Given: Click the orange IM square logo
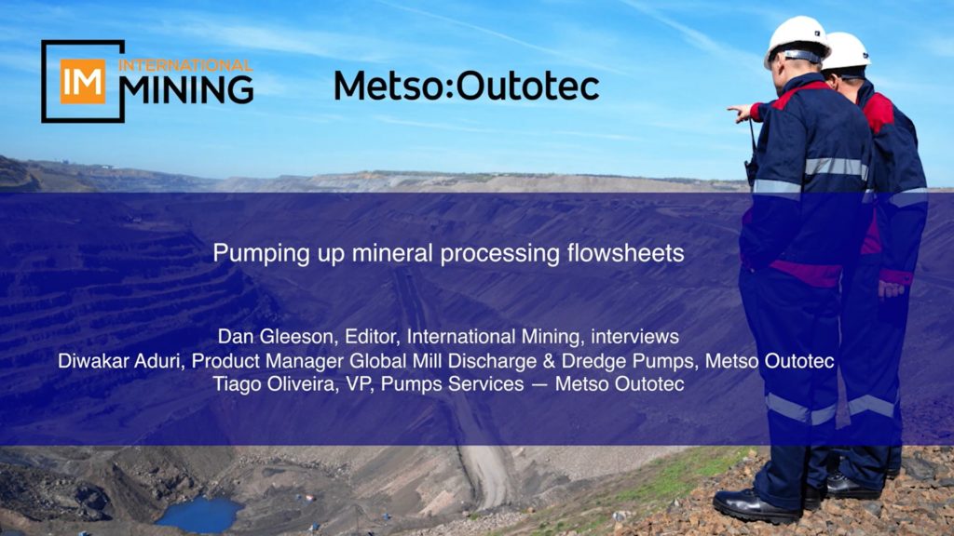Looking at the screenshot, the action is (x=83, y=82).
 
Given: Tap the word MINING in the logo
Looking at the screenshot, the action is (x=186, y=90).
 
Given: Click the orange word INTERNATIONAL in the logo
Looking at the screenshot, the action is (x=185, y=66).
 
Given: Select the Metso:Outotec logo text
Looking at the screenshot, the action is (x=467, y=86).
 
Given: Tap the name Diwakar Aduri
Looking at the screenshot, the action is (x=119, y=361).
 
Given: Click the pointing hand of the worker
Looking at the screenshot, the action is (x=739, y=113).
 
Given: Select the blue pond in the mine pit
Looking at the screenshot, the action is (x=199, y=514).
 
